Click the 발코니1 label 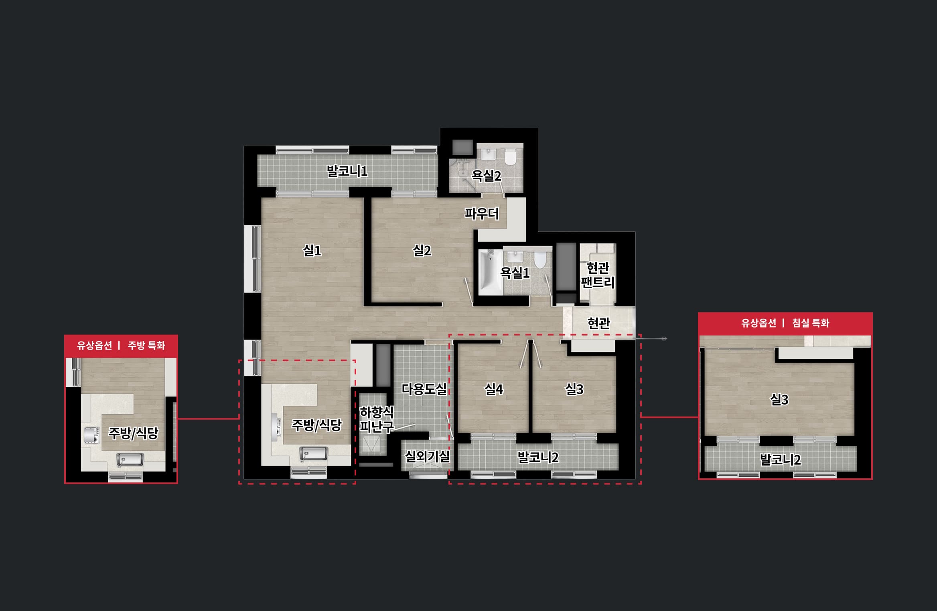pos(347,171)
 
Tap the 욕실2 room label pos(486,176)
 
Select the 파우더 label pos(482,214)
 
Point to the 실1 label pos(312,251)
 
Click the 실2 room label pos(422,251)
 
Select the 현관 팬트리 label pos(598,275)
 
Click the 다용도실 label pos(424,389)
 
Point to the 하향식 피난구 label pos(377,419)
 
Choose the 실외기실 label pos(427,456)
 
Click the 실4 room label pos(494,389)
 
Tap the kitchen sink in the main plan pos(314,454)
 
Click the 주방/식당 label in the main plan pos(316,425)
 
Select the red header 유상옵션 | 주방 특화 pos(121,346)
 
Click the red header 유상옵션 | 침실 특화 pos(785,323)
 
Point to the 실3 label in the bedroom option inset pos(779,399)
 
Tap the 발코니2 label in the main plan pos(538,457)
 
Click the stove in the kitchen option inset pos(91,435)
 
